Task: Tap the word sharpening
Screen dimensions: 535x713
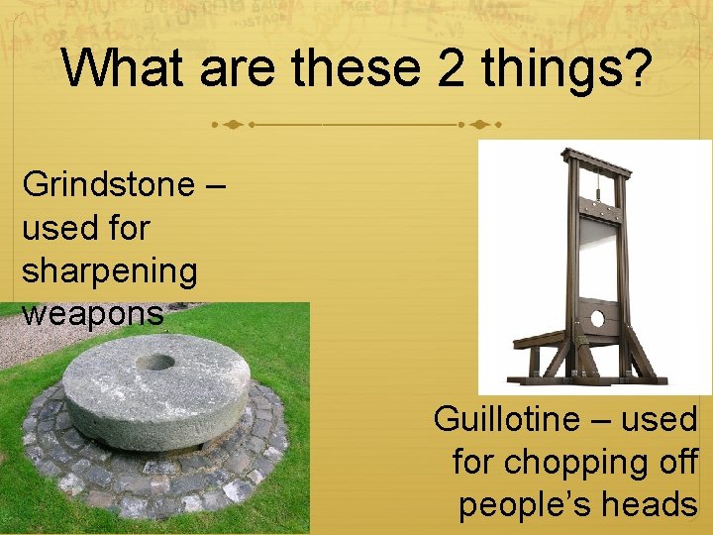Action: (x=109, y=270)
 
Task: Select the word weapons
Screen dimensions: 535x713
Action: (x=91, y=313)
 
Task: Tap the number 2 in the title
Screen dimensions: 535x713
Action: (x=439, y=67)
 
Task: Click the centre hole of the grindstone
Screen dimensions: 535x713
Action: (x=155, y=362)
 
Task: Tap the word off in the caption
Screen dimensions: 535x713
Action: (x=674, y=462)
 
